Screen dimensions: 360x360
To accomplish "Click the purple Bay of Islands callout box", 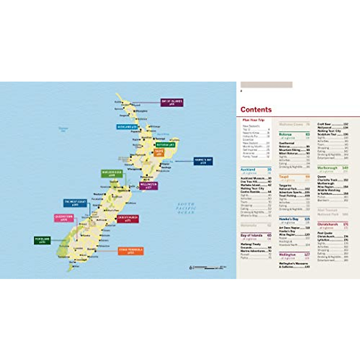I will (x=172, y=103).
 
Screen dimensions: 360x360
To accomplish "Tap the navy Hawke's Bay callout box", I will (x=203, y=161).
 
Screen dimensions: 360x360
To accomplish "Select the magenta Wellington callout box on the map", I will (x=148, y=186).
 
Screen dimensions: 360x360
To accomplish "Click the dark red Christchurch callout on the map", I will (x=128, y=218).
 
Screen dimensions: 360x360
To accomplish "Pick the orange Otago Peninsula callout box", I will (x=131, y=251).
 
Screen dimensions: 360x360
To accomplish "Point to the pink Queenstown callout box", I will (x=64, y=218).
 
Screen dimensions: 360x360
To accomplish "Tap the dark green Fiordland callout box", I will (x=42, y=240).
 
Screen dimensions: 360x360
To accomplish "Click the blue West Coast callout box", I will (x=75, y=203).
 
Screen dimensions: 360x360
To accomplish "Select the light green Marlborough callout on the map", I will (x=112, y=174).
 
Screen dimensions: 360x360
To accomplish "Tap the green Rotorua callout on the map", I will (x=165, y=145).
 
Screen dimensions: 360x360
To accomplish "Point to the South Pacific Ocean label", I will (x=186, y=208).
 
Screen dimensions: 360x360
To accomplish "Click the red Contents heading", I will (x=256, y=109).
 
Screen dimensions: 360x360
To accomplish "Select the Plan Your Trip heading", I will (x=253, y=120).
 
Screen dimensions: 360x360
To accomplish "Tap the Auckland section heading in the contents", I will (x=248, y=169).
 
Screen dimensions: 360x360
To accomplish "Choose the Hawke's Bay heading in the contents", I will (x=289, y=219).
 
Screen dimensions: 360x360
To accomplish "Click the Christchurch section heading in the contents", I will (x=328, y=224).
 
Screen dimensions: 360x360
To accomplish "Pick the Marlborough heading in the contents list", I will (x=327, y=168).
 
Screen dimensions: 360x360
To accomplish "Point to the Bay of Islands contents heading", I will (x=251, y=235).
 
